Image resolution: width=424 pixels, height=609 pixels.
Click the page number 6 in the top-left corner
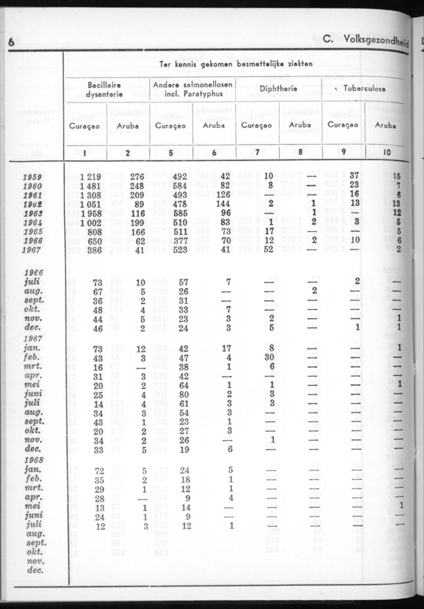(x=11, y=43)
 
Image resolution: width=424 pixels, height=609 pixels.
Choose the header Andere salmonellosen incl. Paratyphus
(x=192, y=89)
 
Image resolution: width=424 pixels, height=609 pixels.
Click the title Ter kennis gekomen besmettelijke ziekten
(x=236, y=63)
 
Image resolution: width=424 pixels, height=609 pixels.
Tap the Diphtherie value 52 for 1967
(x=269, y=249)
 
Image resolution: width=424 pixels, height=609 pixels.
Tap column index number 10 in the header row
(x=386, y=151)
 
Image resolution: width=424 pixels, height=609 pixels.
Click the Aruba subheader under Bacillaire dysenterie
(x=128, y=125)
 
